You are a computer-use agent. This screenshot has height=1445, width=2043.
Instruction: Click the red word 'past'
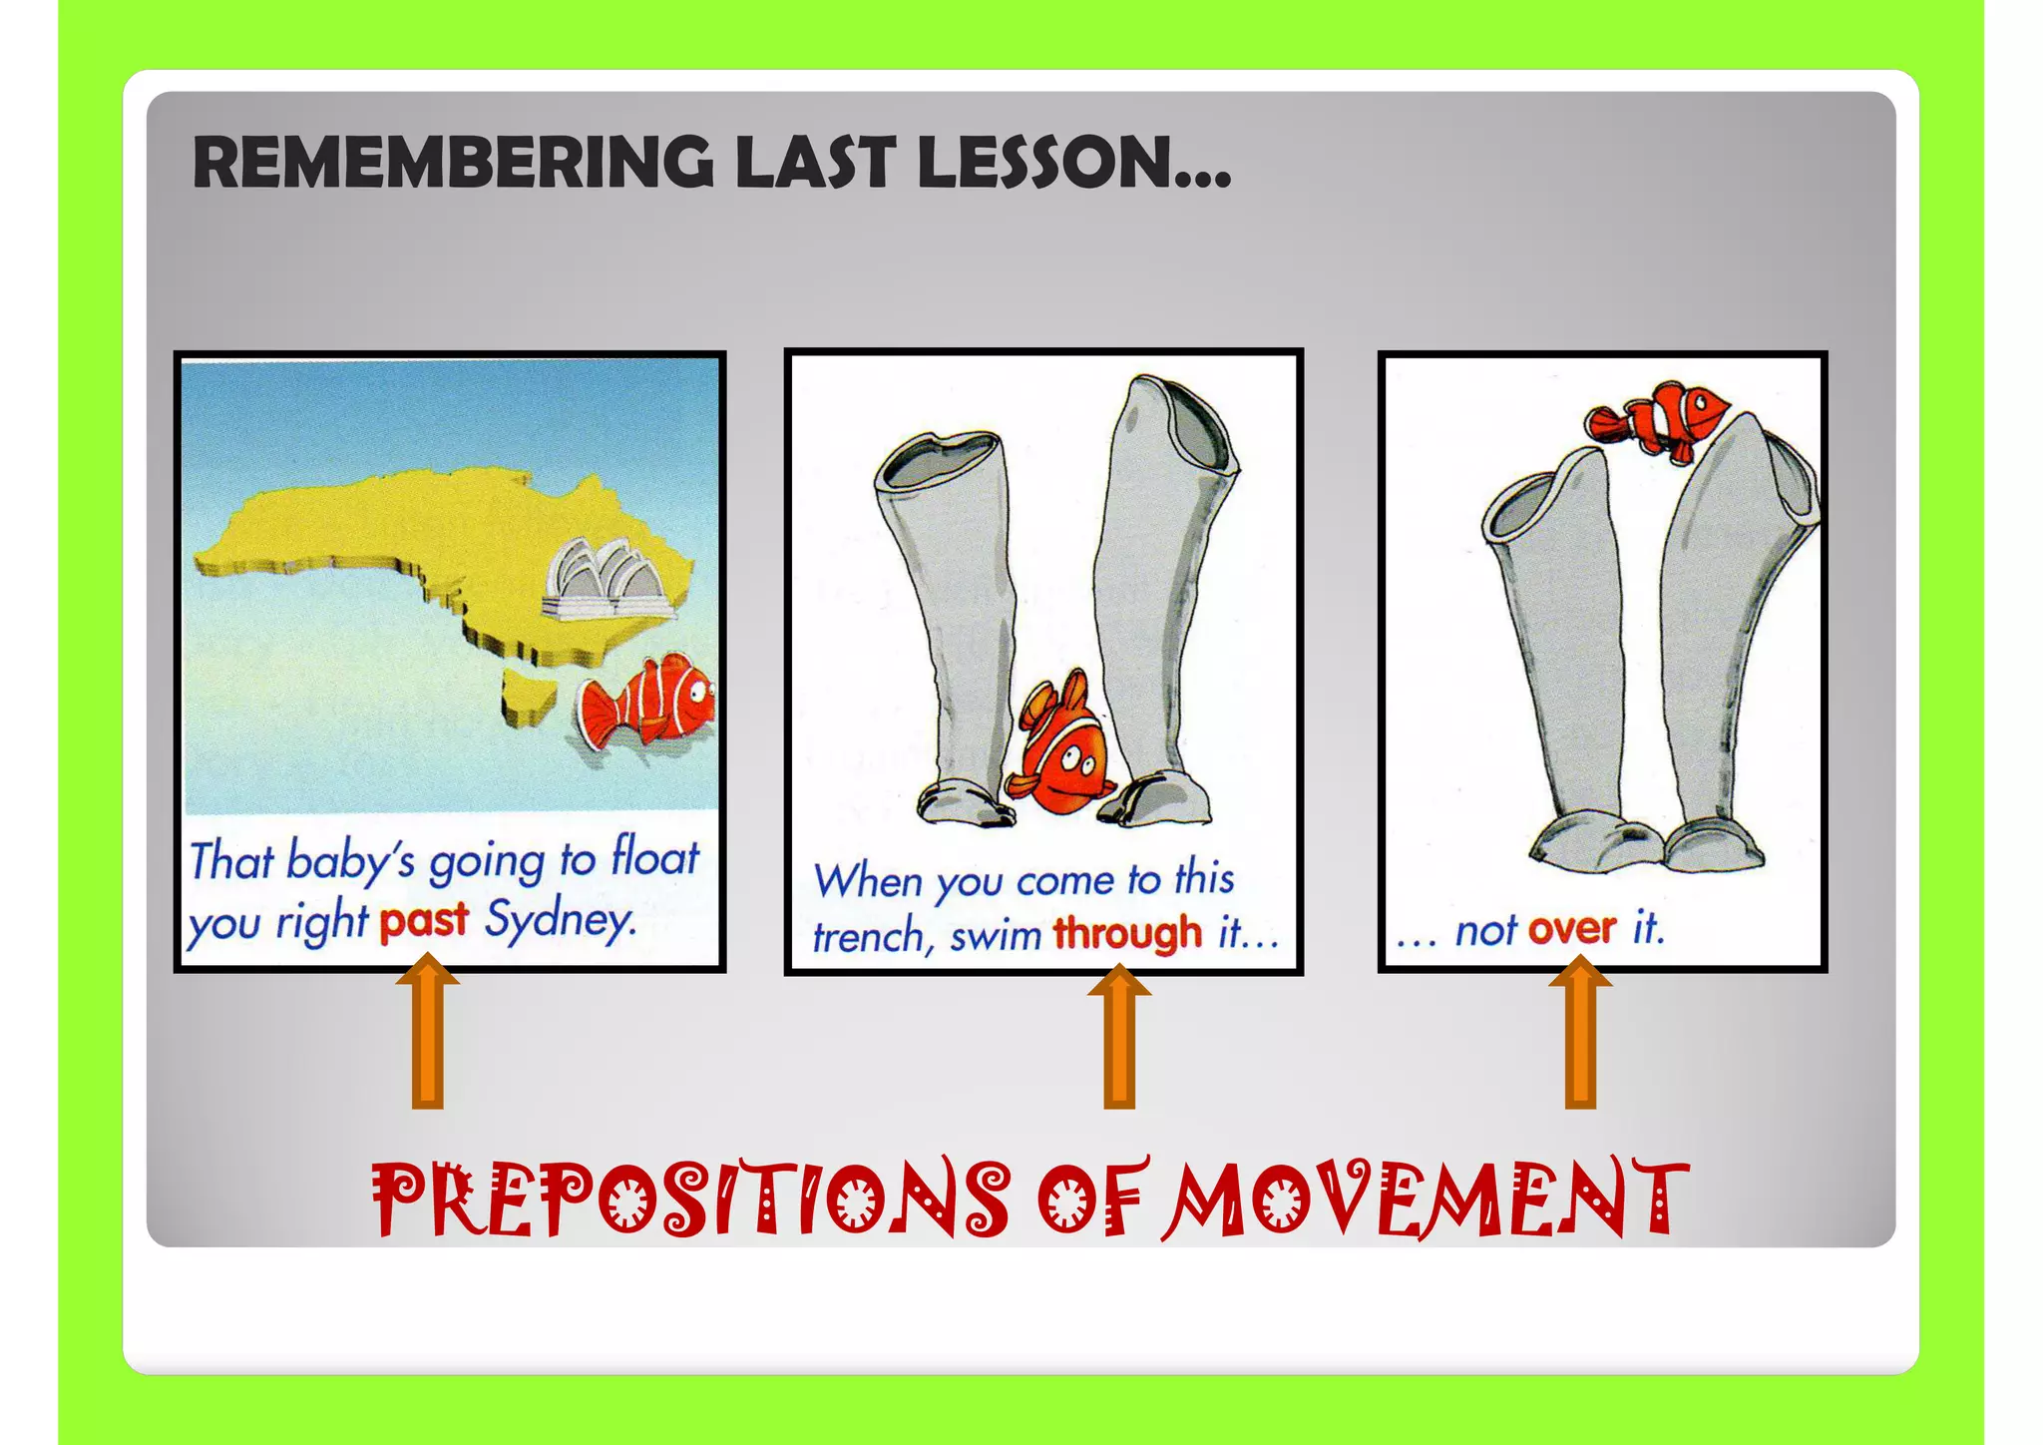[x=424, y=920]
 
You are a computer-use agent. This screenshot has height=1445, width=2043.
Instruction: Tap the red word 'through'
[x=1128, y=933]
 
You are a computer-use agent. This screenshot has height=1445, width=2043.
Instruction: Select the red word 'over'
[x=1572, y=929]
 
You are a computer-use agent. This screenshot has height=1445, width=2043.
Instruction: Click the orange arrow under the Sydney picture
[x=428, y=1033]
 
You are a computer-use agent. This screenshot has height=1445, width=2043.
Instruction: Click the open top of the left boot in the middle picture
[x=938, y=459]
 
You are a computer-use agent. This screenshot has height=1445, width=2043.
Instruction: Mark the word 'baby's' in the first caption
[x=350, y=860]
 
